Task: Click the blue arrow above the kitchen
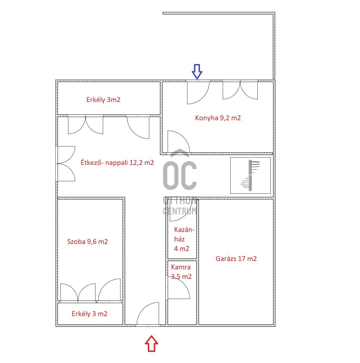197,71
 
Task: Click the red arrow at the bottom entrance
151,344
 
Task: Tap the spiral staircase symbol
250,175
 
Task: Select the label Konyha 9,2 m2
218,118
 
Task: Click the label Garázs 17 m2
236,259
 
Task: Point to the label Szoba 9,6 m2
87,242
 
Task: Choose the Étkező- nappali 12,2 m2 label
117,163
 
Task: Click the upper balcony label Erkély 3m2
103,100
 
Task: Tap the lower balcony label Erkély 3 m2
90,314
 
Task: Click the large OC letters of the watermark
180,175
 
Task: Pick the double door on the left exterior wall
66,164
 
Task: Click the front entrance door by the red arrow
148,314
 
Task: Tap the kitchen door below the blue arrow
198,92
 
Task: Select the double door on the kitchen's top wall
240,90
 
